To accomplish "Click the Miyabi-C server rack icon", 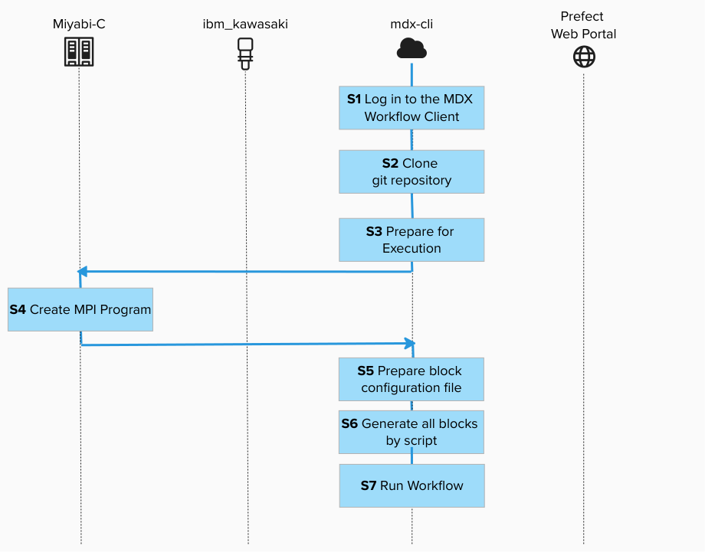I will click(x=79, y=52).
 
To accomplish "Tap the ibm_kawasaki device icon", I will click(x=245, y=54).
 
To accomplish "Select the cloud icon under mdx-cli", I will click(x=412, y=49).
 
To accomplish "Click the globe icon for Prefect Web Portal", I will click(x=584, y=57).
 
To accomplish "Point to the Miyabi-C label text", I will click(x=79, y=24).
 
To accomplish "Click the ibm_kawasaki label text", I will click(x=245, y=24).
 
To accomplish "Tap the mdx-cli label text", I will click(x=412, y=24).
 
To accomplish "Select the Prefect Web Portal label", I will click(x=583, y=25).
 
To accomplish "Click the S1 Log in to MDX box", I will click(x=412, y=108).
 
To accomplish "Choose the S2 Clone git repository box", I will click(x=412, y=171).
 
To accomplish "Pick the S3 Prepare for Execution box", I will click(x=412, y=240).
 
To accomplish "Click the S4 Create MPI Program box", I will click(x=80, y=309).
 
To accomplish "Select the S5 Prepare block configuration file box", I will click(x=412, y=379).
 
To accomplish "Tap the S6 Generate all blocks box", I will click(x=412, y=432).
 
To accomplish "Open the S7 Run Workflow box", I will click(x=412, y=485).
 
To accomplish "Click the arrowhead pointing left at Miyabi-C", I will click(x=83, y=272).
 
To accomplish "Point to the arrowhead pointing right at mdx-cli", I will click(x=409, y=344).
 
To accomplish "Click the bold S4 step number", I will click(x=18, y=310).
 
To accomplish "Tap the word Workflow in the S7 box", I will click(x=435, y=485).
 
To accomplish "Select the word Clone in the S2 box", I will click(x=420, y=163).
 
